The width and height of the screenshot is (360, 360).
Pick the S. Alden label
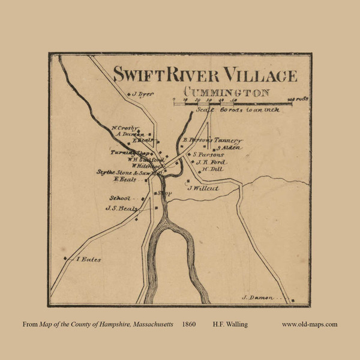click(228, 147)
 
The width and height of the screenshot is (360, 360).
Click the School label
click(119, 198)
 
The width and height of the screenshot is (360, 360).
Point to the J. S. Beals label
click(121, 209)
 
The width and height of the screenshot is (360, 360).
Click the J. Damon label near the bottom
click(258, 298)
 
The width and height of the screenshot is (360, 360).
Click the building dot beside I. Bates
click(64, 259)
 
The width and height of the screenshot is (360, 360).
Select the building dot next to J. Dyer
click(127, 94)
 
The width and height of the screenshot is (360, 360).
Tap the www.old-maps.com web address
click(310, 325)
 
